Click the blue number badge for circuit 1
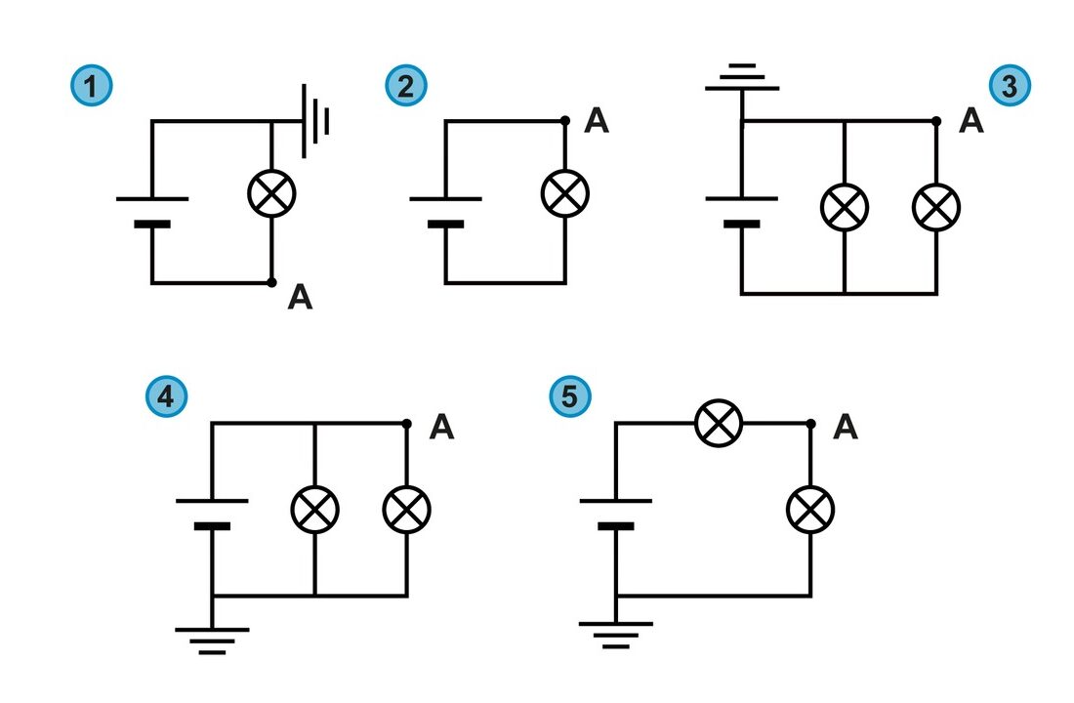(91, 86)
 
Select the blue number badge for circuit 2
(405, 86)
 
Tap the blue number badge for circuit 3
(1009, 86)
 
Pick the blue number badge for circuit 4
(166, 396)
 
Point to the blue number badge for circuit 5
(570, 396)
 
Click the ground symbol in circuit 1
(315, 121)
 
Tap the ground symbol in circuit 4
(212, 641)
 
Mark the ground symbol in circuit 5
(616, 636)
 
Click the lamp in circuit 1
(272, 193)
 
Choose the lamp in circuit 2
(565, 193)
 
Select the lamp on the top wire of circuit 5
(719, 424)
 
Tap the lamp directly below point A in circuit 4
(407, 510)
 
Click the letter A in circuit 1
(300, 298)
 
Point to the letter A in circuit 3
(971, 121)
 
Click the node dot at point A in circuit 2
(565, 121)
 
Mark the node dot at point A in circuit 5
(811, 424)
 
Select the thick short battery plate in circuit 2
(445, 224)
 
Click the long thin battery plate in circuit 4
(212, 501)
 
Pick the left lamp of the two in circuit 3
(845, 207)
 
